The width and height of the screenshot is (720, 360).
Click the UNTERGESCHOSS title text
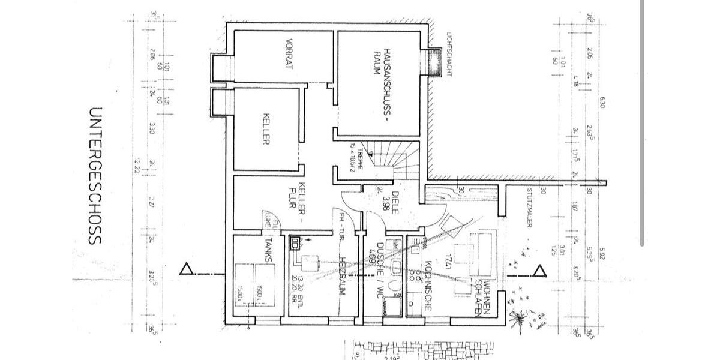click(95, 176)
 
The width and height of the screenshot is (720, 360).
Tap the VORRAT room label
click(289, 55)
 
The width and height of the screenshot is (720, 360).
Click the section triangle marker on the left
click(187, 270)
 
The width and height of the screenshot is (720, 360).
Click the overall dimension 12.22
click(137, 165)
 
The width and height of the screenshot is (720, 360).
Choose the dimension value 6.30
click(601, 103)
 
